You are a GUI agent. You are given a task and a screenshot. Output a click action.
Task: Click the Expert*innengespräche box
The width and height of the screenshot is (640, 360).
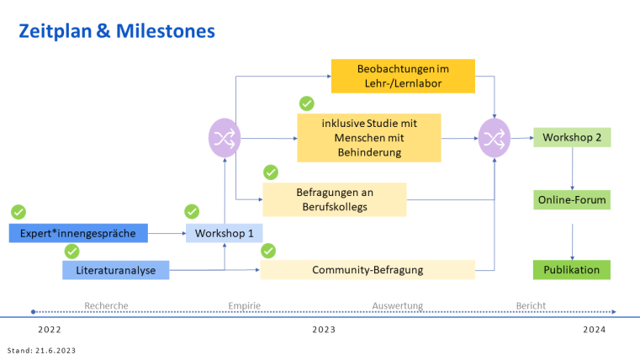(x=78, y=233)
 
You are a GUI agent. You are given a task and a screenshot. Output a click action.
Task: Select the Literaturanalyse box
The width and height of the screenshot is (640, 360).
(x=115, y=270)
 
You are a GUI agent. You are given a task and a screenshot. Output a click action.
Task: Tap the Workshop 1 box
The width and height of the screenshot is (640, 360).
(x=224, y=233)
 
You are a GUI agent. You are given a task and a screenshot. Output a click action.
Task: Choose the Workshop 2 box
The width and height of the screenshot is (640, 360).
(x=571, y=137)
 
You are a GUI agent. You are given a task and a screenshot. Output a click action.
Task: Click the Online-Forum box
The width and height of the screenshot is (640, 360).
(x=571, y=200)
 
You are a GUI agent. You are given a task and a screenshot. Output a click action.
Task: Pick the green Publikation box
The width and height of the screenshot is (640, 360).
(x=571, y=270)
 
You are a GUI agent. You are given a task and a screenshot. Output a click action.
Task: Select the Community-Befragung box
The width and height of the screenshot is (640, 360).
(x=367, y=270)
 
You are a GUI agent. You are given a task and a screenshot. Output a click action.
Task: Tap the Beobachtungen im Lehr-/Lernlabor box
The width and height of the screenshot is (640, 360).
(x=403, y=76)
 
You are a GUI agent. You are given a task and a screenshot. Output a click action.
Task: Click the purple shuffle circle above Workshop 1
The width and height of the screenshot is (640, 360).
(x=224, y=137)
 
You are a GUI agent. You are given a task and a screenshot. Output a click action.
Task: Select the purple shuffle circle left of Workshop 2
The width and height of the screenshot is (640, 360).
(x=494, y=137)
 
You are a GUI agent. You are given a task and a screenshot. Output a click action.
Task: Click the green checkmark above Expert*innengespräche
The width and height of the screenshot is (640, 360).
(x=19, y=212)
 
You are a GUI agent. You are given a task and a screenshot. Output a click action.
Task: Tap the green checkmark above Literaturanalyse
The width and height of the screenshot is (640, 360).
(x=72, y=251)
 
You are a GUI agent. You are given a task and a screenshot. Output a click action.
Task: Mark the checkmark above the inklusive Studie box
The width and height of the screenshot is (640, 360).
(x=307, y=103)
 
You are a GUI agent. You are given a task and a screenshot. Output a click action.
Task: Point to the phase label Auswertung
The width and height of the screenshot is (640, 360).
(x=397, y=305)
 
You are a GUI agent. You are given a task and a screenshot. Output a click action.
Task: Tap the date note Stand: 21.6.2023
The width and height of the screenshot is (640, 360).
(x=40, y=349)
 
